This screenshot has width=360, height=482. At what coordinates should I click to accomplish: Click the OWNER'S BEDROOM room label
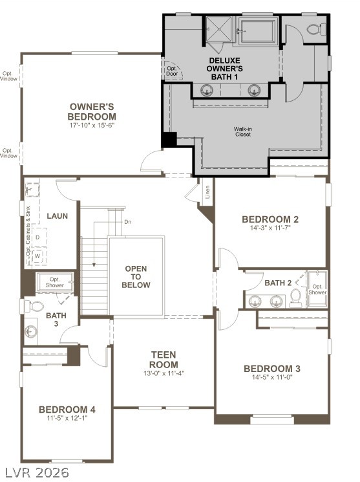[x=92, y=111]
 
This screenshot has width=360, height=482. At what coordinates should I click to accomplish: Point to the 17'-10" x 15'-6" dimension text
[x=92, y=125]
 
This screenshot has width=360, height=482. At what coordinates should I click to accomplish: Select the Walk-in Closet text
[x=243, y=132]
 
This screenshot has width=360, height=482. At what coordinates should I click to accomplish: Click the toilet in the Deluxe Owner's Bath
[x=315, y=28]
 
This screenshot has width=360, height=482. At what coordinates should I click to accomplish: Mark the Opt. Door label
[x=173, y=71]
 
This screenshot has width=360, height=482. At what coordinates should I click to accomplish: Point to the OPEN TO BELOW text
[x=136, y=276]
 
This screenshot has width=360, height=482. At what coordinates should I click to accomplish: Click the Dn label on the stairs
[x=128, y=222]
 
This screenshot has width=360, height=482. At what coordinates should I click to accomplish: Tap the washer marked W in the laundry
[x=37, y=256]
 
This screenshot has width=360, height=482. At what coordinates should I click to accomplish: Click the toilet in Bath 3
[x=37, y=305]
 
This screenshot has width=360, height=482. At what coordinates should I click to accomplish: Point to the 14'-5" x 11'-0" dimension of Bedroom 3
[x=271, y=378]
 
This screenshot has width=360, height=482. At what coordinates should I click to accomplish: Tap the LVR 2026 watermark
[x=37, y=472]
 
